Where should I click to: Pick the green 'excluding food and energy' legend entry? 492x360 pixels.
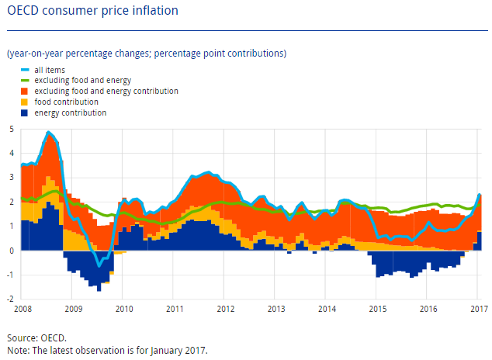pyautogui.click(x=82, y=81)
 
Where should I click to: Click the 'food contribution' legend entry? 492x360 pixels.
pyautogui.click(x=66, y=102)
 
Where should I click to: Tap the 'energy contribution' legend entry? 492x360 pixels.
pyautogui.click(x=70, y=112)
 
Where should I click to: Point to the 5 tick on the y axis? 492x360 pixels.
pyautogui.click(x=11, y=129)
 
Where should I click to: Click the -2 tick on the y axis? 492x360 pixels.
pyautogui.click(x=9, y=299)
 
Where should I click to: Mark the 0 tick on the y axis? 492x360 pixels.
pyautogui.click(x=11, y=251)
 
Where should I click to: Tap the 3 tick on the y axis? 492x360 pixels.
pyautogui.click(x=11, y=178)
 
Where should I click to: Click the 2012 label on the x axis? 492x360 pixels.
pyautogui.click(x=226, y=310)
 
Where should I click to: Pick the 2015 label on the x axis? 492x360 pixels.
pyautogui.click(x=378, y=310)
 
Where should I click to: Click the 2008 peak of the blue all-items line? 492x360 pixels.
pyautogui.click(x=49, y=133)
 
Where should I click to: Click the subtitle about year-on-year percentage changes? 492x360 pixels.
pyautogui.click(x=146, y=54)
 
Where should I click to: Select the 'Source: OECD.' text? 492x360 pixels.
pyautogui.click(x=37, y=338)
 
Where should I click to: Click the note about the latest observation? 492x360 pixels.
pyautogui.click(x=107, y=350)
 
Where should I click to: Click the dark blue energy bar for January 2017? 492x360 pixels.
pyautogui.click(x=480, y=241)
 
